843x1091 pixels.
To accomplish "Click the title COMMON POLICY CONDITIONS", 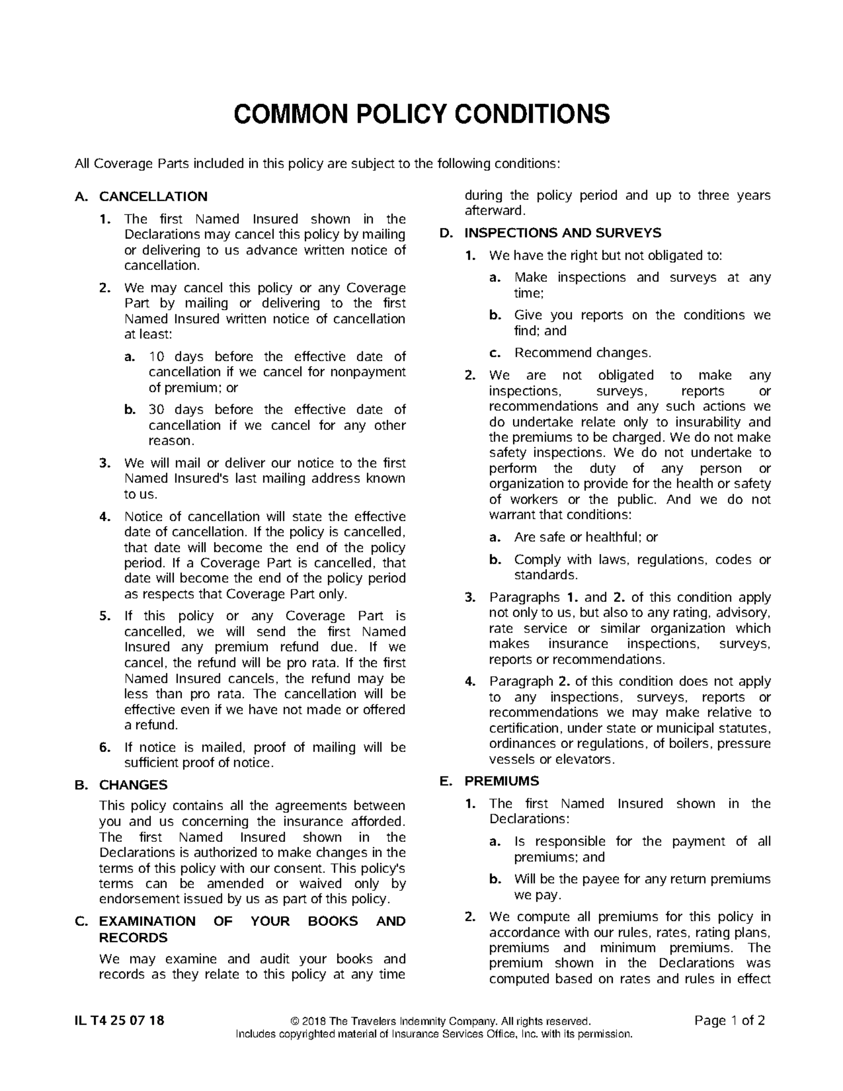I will (x=421, y=114).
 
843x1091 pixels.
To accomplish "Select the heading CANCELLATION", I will (x=153, y=197).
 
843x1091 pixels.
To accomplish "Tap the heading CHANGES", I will (x=133, y=785).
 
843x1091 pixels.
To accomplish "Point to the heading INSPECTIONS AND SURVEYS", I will (x=563, y=233).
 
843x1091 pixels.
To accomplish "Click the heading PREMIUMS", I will (x=502, y=781).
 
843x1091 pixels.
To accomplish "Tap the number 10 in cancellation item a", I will (x=156, y=357).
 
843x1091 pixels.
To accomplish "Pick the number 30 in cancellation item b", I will (x=156, y=410).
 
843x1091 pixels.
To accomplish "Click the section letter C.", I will (x=81, y=921).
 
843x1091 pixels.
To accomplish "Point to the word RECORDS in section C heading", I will (x=133, y=938).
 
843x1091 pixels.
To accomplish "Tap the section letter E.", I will (x=446, y=781).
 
